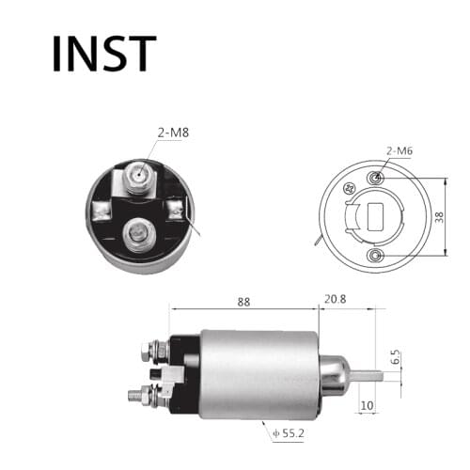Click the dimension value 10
(368, 405)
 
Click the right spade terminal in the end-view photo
(176, 209)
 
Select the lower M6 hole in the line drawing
(377, 255)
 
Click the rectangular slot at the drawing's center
(376, 217)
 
